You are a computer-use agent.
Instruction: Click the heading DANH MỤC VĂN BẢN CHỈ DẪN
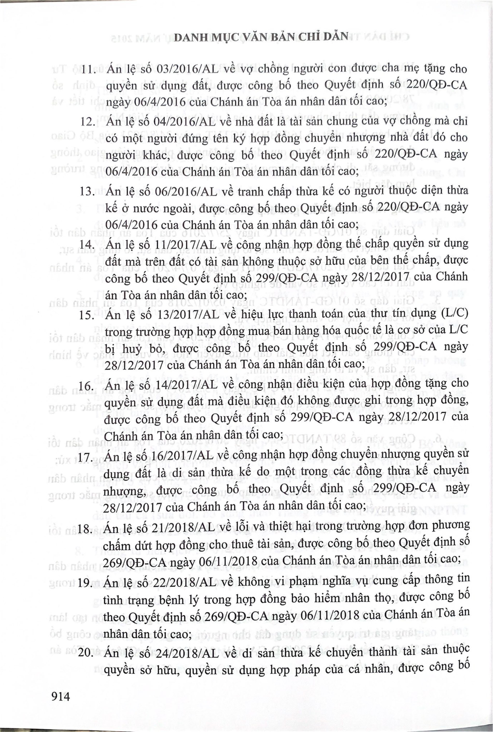[261, 37]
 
